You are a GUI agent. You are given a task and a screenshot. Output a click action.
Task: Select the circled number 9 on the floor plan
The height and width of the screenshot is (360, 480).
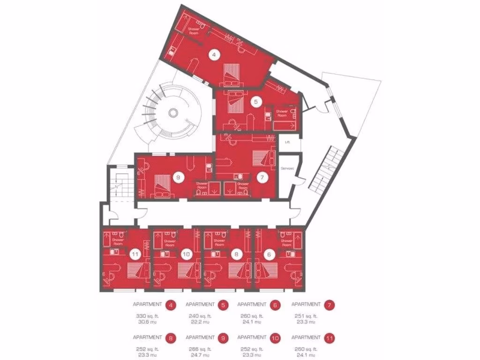177,177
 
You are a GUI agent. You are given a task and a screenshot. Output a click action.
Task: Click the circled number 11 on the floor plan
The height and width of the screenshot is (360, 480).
135,255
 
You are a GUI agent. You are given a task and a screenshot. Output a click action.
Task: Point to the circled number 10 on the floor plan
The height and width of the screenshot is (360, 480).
187,255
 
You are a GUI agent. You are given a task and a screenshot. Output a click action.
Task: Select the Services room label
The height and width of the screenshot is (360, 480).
286,167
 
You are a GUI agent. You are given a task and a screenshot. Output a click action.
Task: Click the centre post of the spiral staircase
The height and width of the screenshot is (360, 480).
173,112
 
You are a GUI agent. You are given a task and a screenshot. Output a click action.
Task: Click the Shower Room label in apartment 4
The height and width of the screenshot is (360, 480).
194,31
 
